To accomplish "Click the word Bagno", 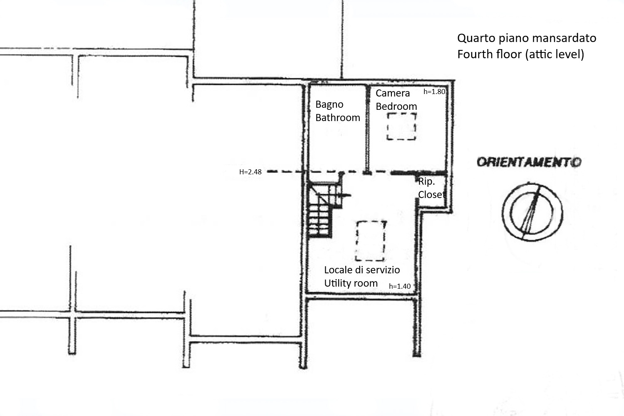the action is [329, 105].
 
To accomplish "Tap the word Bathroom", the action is [338, 118].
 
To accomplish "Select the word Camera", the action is [393, 93].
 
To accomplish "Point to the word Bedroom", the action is [396, 106].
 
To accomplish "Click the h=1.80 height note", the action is [434, 92].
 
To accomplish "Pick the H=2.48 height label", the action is [250, 172].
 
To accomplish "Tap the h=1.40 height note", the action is [400, 286].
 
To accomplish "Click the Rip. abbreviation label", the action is [426, 182].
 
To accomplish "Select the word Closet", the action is [431, 195].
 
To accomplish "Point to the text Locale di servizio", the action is [362, 270].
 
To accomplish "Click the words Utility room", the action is [351, 283].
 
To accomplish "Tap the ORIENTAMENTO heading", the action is [529, 162].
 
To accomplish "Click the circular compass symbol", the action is [502, 213].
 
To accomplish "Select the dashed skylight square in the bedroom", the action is [387, 126].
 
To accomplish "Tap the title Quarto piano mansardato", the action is [527, 38].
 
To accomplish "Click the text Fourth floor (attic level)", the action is [521, 54].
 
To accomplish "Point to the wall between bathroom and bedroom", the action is [368, 129].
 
